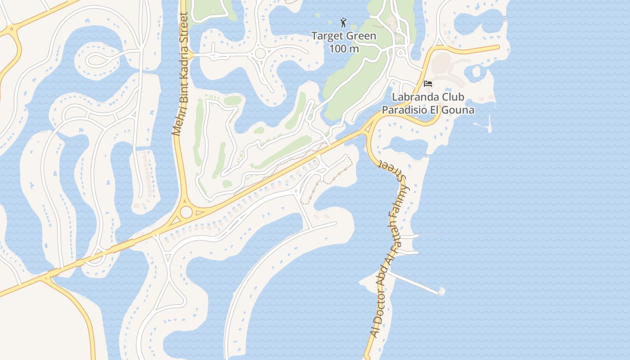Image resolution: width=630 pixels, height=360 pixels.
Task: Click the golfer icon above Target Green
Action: coord(343,22)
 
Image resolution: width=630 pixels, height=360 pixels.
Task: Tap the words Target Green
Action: coord(344,36)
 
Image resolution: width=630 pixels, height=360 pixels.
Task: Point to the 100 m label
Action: coord(344,48)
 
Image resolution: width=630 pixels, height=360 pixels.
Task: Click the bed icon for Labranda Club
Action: coord(428,84)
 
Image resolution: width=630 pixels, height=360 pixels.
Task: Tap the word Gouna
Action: coord(460,109)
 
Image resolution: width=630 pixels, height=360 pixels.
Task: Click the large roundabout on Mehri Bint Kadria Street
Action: coord(186,212)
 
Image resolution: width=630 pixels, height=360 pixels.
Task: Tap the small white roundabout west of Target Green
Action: coord(260,54)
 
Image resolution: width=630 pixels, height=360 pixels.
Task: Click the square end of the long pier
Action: coord(441,292)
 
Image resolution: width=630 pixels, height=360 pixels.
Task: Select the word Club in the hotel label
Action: coord(452,97)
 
